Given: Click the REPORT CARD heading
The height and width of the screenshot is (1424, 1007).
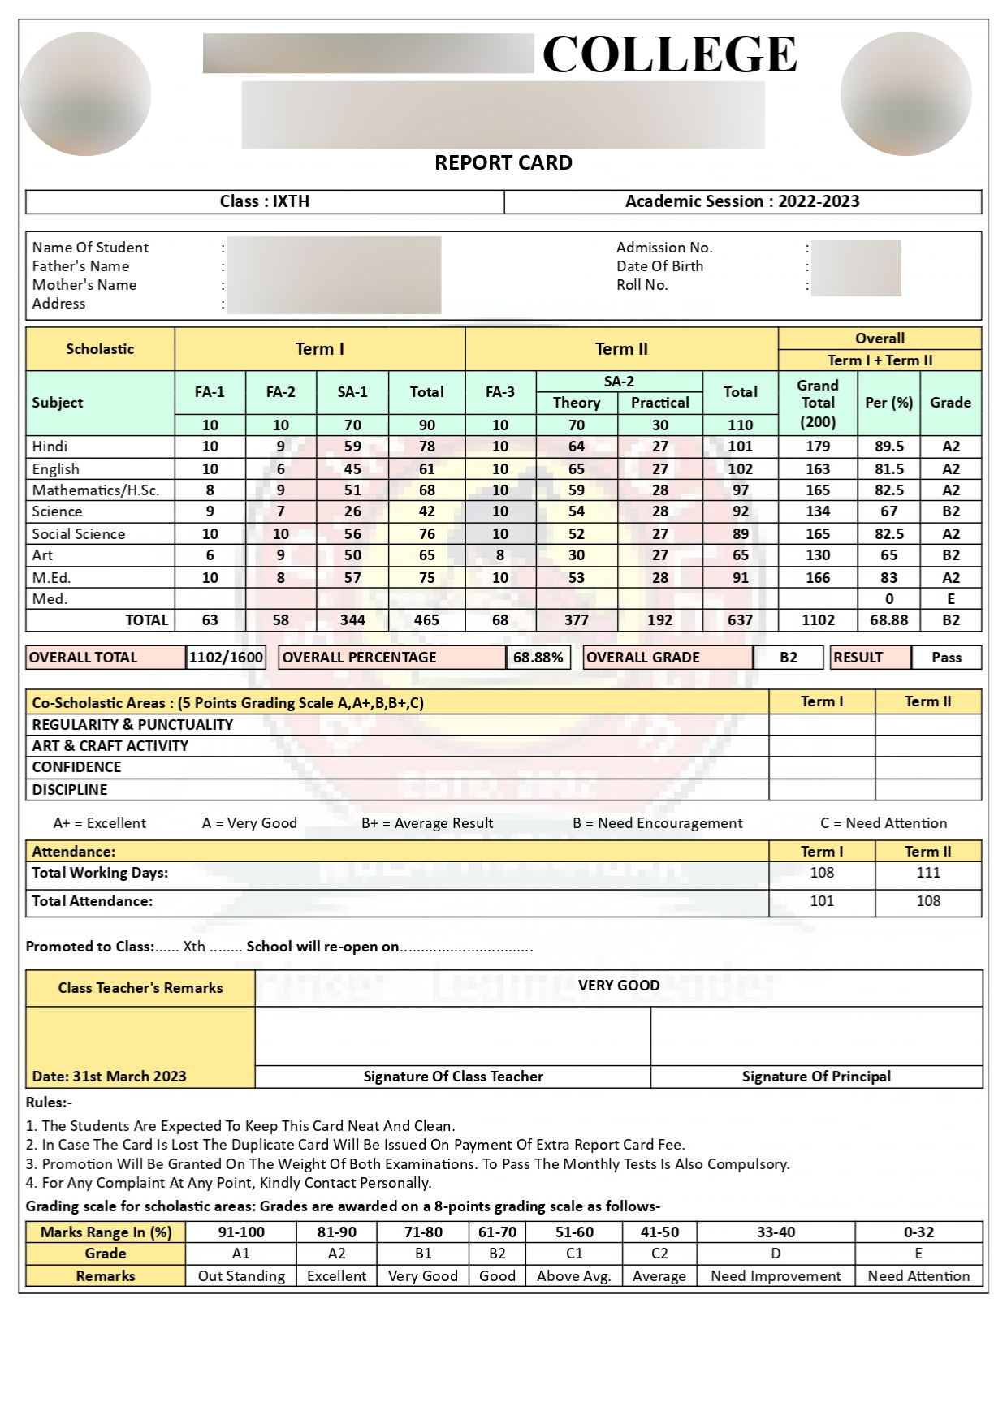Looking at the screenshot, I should pos(503,162).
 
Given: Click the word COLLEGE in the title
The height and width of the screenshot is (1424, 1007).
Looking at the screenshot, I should pos(669,54).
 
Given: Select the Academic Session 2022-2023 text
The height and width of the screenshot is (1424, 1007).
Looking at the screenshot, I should pos(742,201).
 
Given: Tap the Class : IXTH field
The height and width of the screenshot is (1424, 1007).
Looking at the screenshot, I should pos(264,201).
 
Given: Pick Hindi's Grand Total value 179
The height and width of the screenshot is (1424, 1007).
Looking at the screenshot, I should pos(817,447).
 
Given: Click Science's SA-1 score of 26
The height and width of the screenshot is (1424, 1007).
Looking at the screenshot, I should pos(352,511).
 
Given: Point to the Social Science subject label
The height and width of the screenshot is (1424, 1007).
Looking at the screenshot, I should pos(79,534).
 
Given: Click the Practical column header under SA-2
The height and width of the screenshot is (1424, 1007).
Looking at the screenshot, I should pos(659,403).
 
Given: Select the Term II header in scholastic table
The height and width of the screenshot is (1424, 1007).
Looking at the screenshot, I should pos(621,349).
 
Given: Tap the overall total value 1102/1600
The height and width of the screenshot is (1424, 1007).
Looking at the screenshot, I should pos(226,658).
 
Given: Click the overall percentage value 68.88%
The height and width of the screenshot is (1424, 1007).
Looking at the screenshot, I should pos(538,658).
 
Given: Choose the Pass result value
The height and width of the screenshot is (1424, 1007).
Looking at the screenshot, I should pos(946,658).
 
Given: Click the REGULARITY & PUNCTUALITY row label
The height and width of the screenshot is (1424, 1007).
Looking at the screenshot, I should pos(132,725).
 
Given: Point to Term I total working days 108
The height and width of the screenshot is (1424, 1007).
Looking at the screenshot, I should pos(822,873).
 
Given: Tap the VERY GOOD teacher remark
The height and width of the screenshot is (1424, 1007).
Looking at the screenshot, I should pos(618,986).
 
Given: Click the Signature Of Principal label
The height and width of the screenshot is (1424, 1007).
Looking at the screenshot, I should pos(816,1077).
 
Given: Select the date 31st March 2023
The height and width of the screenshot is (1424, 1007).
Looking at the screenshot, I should pos(110,1077).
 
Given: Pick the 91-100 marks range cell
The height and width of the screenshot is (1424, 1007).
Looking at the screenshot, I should pos(241,1232).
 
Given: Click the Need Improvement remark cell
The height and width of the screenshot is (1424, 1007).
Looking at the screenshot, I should pos(776,1276).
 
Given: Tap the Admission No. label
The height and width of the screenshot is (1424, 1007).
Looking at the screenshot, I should pos(664,248).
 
